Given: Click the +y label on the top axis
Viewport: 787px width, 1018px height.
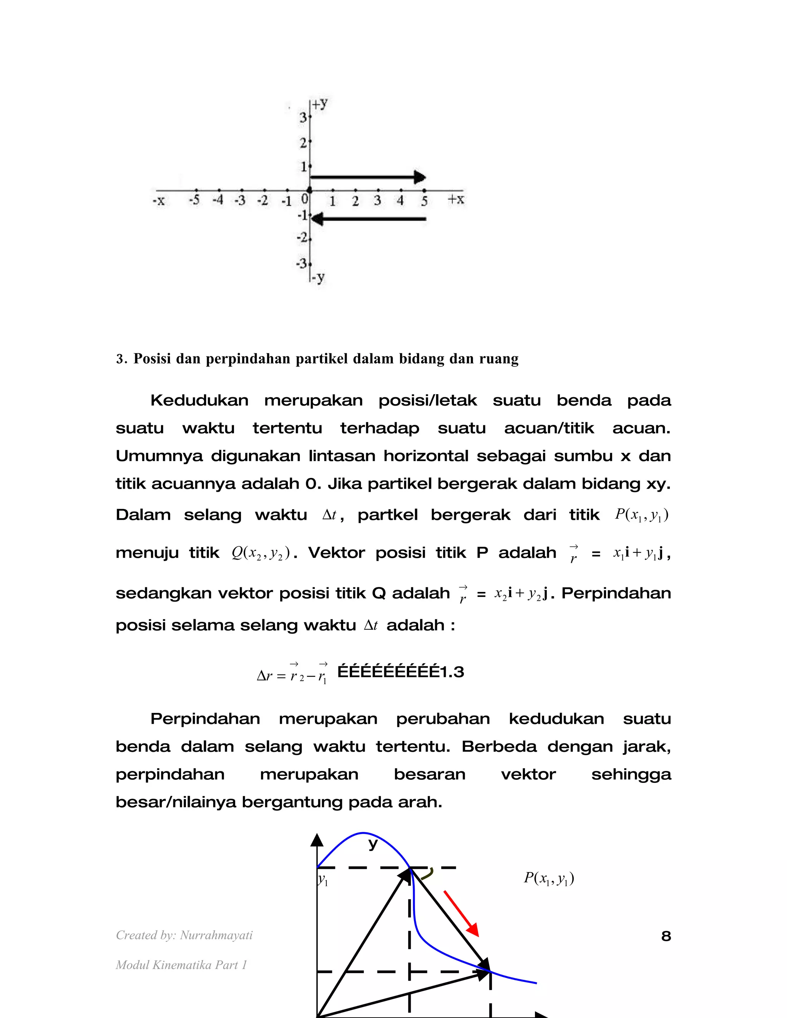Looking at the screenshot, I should [320, 104].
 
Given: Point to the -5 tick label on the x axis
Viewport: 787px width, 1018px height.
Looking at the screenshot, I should [194, 201].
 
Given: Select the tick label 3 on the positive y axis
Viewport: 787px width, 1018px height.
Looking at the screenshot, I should [303, 118].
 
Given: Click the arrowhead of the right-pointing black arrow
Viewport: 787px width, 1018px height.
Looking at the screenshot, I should [420, 177].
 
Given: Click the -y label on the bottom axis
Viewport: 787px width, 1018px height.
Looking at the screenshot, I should [319, 278].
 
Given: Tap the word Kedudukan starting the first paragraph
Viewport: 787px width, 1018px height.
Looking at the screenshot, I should [199, 400].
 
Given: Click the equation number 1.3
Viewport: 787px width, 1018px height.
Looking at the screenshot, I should [452, 671].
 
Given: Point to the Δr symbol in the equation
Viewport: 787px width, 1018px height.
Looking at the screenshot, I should [264, 675].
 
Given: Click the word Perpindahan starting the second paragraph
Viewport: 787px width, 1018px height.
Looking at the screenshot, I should [205, 719].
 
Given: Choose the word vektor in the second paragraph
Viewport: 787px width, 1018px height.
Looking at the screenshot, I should [528, 774].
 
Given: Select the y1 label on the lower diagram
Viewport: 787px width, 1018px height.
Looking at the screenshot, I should [323, 880].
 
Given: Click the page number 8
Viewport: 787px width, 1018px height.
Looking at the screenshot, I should [666, 936].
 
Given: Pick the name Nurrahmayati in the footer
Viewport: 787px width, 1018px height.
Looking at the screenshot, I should [216, 935].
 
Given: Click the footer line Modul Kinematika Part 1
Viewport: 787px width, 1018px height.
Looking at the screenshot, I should [181, 965].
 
